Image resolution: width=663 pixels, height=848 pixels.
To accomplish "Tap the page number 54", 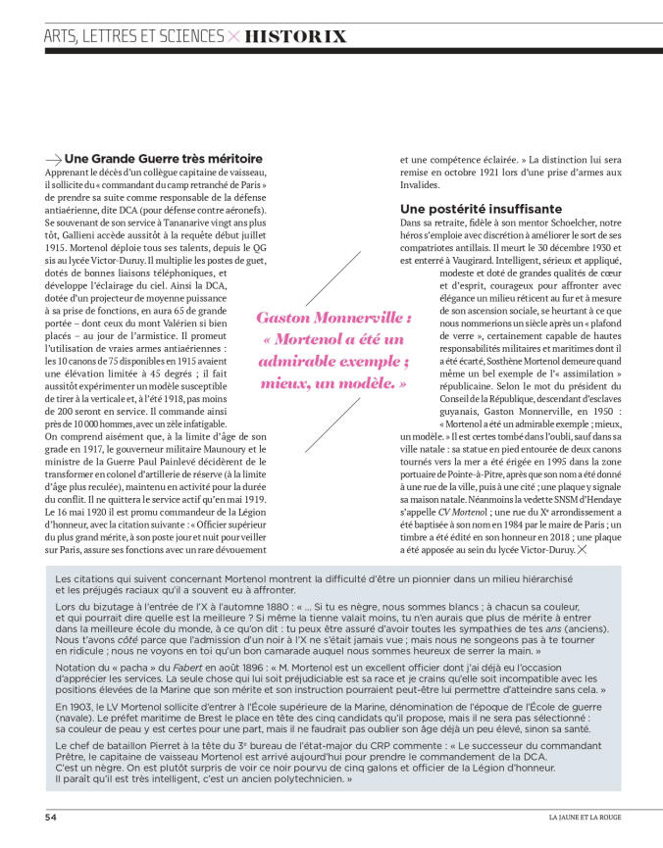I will [x=50, y=816].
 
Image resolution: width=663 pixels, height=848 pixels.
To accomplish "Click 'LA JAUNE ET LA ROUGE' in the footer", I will [x=584, y=816].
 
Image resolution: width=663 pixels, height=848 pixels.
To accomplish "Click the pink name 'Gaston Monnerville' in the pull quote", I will [x=333, y=319].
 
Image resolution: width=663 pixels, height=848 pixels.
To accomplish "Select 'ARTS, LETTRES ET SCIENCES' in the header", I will [x=133, y=36].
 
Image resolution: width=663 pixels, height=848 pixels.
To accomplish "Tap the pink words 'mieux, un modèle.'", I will [x=333, y=383].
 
